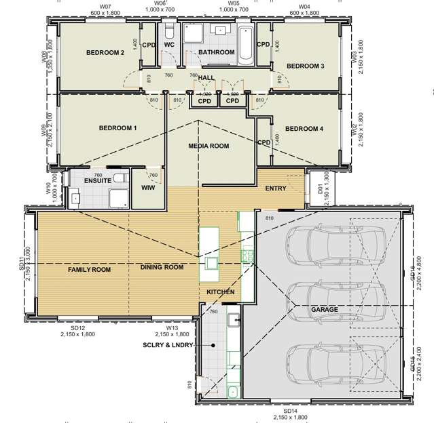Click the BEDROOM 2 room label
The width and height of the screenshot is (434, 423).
point(105,52)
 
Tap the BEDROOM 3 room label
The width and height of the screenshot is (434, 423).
point(305,66)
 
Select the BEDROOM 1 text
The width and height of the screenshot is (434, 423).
point(117,127)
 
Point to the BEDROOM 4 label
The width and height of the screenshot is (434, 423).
point(304,129)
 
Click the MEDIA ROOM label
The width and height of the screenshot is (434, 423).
point(209,146)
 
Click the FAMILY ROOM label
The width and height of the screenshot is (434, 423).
point(89,269)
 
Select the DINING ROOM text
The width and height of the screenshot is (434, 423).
point(162,267)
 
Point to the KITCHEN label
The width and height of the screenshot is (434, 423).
point(221,291)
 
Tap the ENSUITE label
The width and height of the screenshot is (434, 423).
point(98,181)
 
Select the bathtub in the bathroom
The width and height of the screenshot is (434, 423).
point(245,45)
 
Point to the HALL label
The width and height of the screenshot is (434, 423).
point(206,78)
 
